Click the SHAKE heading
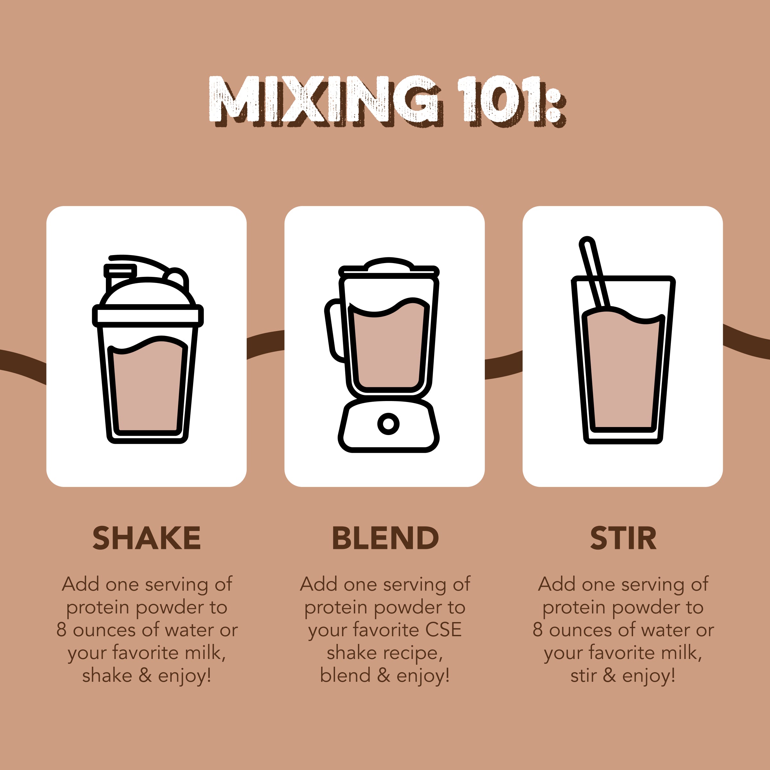coord(146,538)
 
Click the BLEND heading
coord(385,538)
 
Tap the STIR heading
coord(623,538)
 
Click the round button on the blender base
coord(388,424)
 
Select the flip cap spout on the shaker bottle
coord(120,271)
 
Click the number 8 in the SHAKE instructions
coord(61,630)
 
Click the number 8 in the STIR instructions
coord(537,630)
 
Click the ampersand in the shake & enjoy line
coord(145,676)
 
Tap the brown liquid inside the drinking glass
coord(623,371)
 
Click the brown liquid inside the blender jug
coord(389,351)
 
